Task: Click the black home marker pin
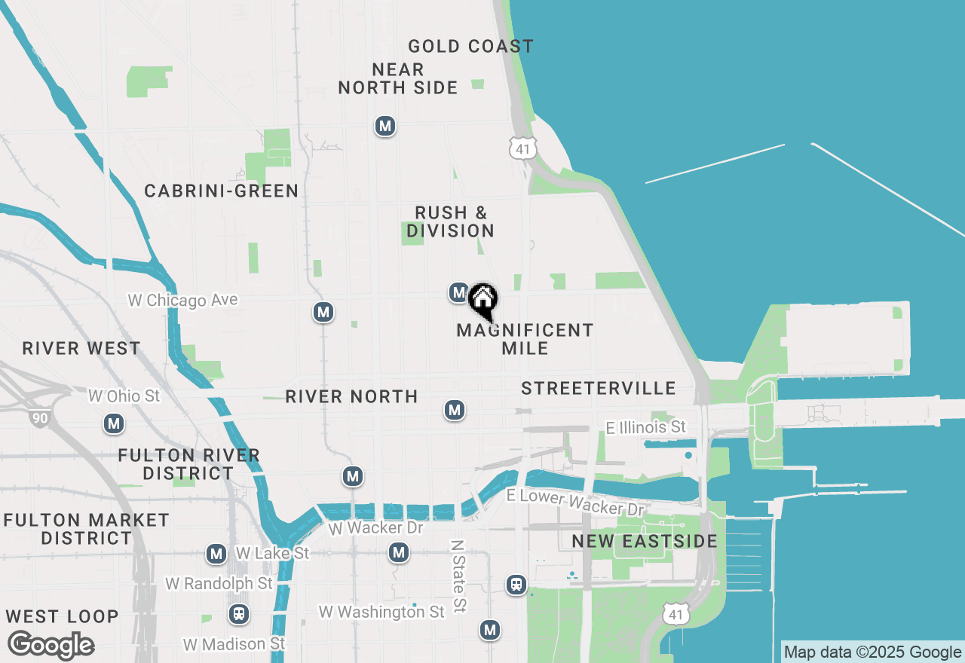click(482, 300)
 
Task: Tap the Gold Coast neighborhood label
click(470, 47)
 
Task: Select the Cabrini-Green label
click(222, 191)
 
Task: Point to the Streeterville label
click(599, 389)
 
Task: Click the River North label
click(351, 397)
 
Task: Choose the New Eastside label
click(644, 542)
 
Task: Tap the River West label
click(81, 349)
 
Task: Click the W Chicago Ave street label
click(182, 301)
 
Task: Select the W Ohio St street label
click(124, 396)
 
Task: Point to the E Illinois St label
click(646, 428)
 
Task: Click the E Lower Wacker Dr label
click(576, 502)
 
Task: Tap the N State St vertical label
click(458, 576)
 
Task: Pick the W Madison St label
click(235, 644)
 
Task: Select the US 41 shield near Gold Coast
click(522, 148)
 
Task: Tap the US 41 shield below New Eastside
click(676, 613)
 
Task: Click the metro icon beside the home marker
click(458, 292)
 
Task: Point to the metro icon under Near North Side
click(385, 126)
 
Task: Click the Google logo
click(51, 646)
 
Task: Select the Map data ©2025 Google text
click(872, 652)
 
